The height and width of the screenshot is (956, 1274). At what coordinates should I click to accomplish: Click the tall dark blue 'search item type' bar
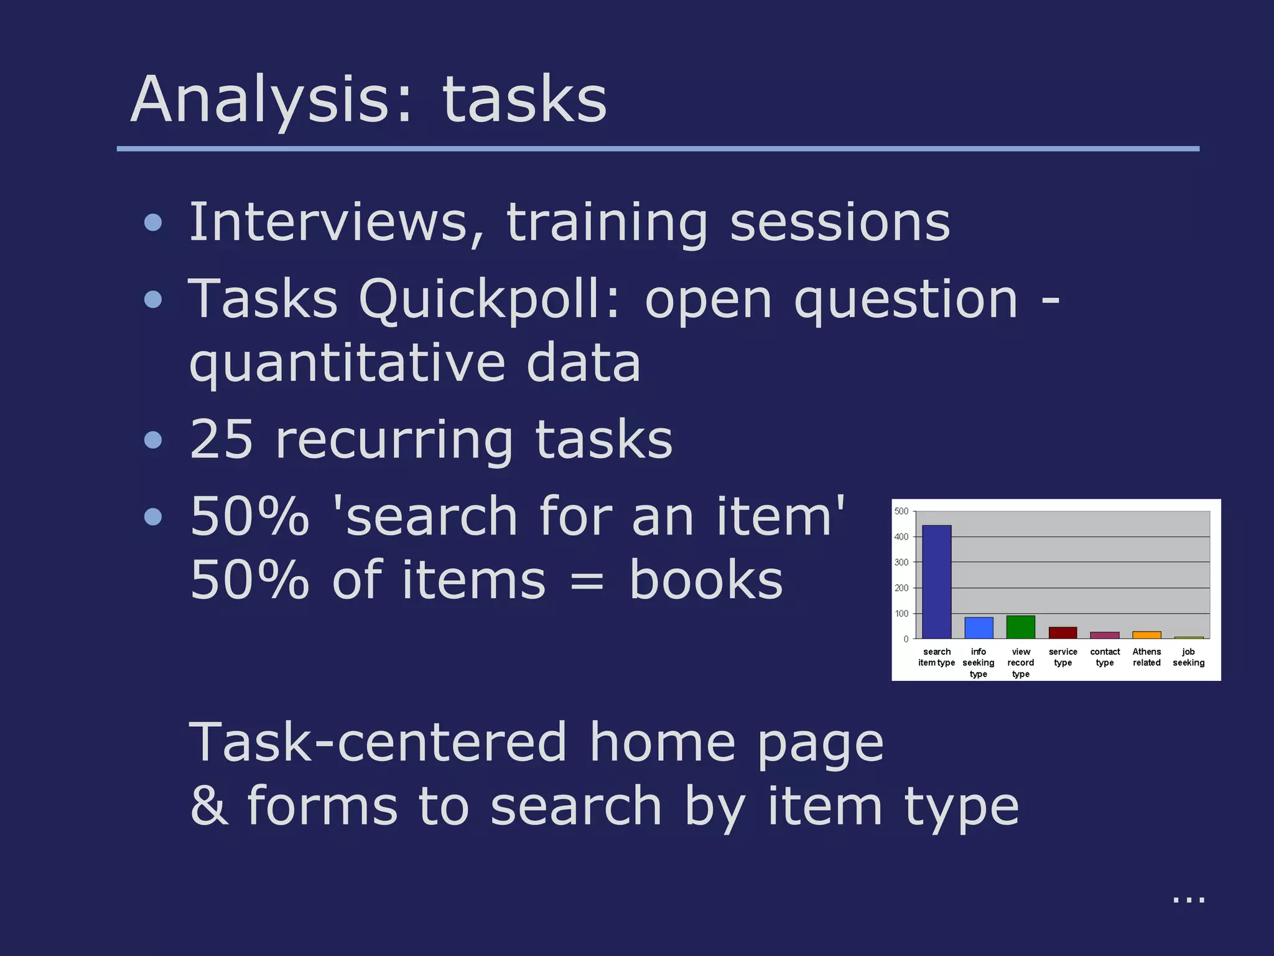pyautogui.click(x=936, y=582)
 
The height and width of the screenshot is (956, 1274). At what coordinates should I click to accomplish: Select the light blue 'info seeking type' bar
pyautogui.click(x=979, y=628)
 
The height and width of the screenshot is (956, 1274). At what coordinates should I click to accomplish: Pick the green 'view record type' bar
pyautogui.click(x=1020, y=627)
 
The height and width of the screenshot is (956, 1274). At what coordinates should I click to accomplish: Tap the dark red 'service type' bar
pyautogui.click(x=1062, y=633)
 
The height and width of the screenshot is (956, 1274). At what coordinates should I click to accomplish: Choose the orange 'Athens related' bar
pyautogui.click(x=1146, y=635)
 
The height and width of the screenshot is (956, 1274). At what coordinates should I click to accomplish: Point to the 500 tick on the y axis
pyautogui.click(x=901, y=512)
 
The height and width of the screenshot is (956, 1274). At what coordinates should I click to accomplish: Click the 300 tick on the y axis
pyautogui.click(x=901, y=563)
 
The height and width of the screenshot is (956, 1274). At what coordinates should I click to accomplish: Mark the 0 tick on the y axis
pyautogui.click(x=906, y=639)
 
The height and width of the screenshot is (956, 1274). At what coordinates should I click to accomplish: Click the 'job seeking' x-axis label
pyautogui.click(x=1188, y=657)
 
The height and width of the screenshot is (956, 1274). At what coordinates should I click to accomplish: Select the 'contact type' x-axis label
pyautogui.click(x=1105, y=657)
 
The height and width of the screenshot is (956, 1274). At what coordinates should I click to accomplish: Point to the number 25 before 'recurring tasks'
pyautogui.click(x=222, y=439)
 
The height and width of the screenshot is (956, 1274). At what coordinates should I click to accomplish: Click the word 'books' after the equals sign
pyautogui.click(x=706, y=580)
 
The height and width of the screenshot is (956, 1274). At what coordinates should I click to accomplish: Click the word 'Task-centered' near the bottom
pyautogui.click(x=378, y=743)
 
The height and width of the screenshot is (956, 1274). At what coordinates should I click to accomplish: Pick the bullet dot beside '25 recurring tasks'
pyautogui.click(x=153, y=441)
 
